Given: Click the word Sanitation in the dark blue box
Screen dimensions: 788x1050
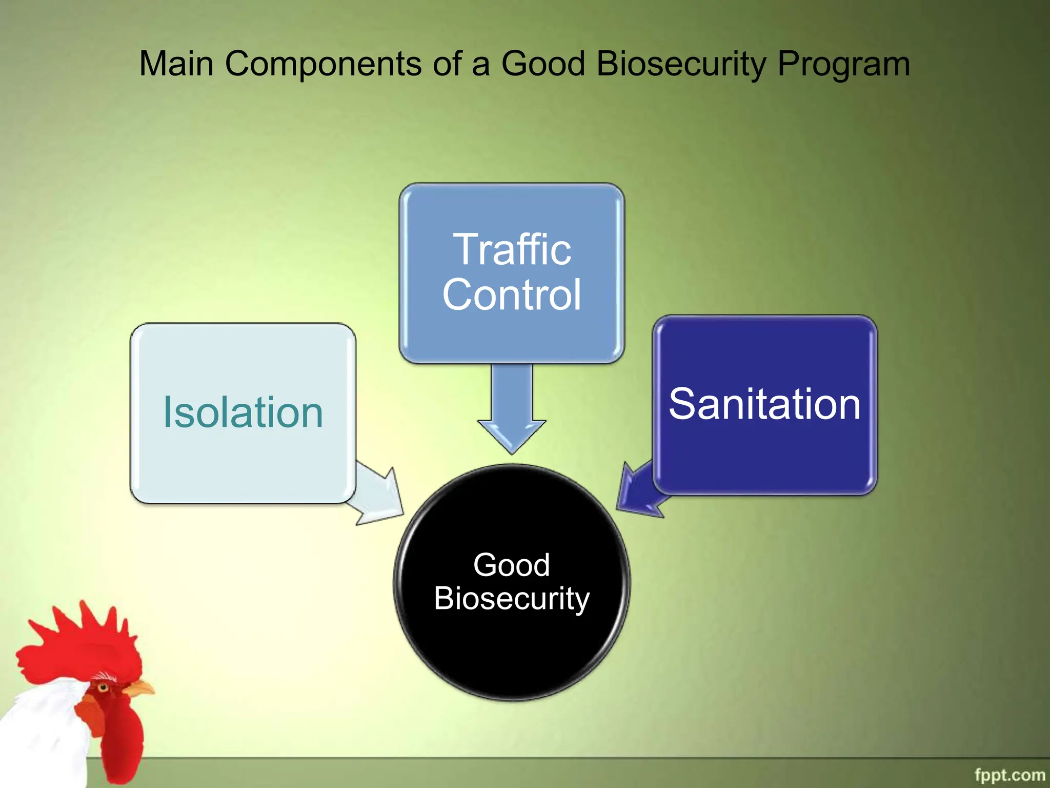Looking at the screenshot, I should [764, 404].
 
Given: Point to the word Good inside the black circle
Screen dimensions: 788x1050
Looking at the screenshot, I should [511, 565].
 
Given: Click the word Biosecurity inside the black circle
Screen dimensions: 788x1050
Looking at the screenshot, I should [511, 598].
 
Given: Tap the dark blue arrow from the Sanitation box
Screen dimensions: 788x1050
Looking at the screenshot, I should [638, 490].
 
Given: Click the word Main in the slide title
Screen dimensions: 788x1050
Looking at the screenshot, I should [176, 64].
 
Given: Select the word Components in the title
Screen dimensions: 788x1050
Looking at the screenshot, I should [323, 64].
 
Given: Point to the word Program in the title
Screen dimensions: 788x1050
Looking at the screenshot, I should [843, 64].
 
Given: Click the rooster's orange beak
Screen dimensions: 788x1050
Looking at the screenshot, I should [139, 688].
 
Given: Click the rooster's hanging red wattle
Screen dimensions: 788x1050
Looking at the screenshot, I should [120, 739].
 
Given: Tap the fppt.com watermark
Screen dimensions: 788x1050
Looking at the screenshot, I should [1009, 775].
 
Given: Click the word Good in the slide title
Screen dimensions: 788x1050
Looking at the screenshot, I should [543, 64].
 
